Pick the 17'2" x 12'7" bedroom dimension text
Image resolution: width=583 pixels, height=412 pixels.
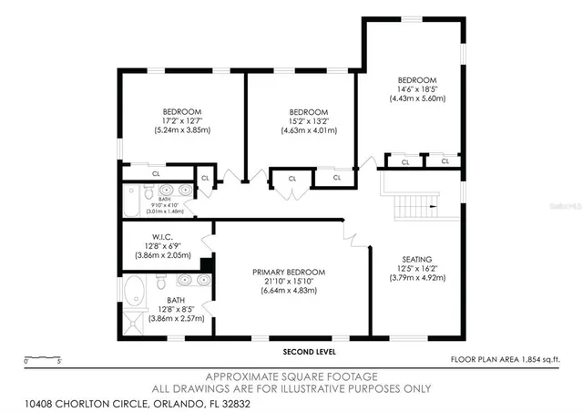[182, 120]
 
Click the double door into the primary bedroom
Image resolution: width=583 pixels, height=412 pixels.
[350, 232]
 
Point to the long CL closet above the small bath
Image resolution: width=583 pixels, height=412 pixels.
[156, 172]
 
